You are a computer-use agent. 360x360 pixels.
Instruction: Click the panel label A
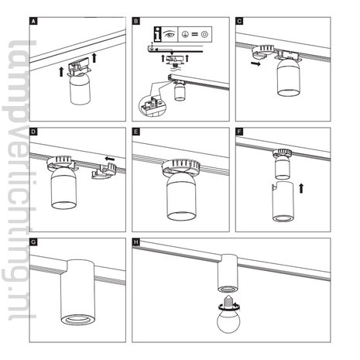coord(33,22)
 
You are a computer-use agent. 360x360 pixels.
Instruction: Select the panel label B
coord(135,22)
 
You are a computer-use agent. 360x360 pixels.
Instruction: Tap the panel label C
coord(239,22)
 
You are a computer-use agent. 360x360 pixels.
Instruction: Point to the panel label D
coord(33,132)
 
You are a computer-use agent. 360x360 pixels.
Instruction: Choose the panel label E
coord(135,132)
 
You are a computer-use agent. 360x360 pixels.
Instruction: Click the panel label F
coord(239,132)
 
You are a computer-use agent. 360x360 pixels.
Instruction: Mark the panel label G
coord(33,242)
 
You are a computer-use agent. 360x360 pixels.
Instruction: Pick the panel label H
coord(135,242)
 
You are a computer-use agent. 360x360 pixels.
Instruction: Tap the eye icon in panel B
coord(169,34)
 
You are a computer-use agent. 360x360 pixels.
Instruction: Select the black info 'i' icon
coord(158,34)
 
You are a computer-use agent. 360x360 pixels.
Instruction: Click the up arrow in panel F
coord(301,188)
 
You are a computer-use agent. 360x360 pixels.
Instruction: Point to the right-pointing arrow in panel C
coord(256,63)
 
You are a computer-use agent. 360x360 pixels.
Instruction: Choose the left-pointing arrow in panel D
coord(110,158)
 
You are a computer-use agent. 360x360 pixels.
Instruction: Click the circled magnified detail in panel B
coord(153,107)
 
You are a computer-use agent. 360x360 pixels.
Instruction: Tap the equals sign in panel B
coord(195,34)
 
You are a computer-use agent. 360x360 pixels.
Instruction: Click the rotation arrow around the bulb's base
coord(228,306)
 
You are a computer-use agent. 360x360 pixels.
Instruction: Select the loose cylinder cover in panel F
coord(283,201)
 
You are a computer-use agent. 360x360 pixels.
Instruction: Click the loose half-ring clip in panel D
coord(104,171)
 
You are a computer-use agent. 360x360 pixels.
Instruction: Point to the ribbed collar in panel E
coord(180,166)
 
